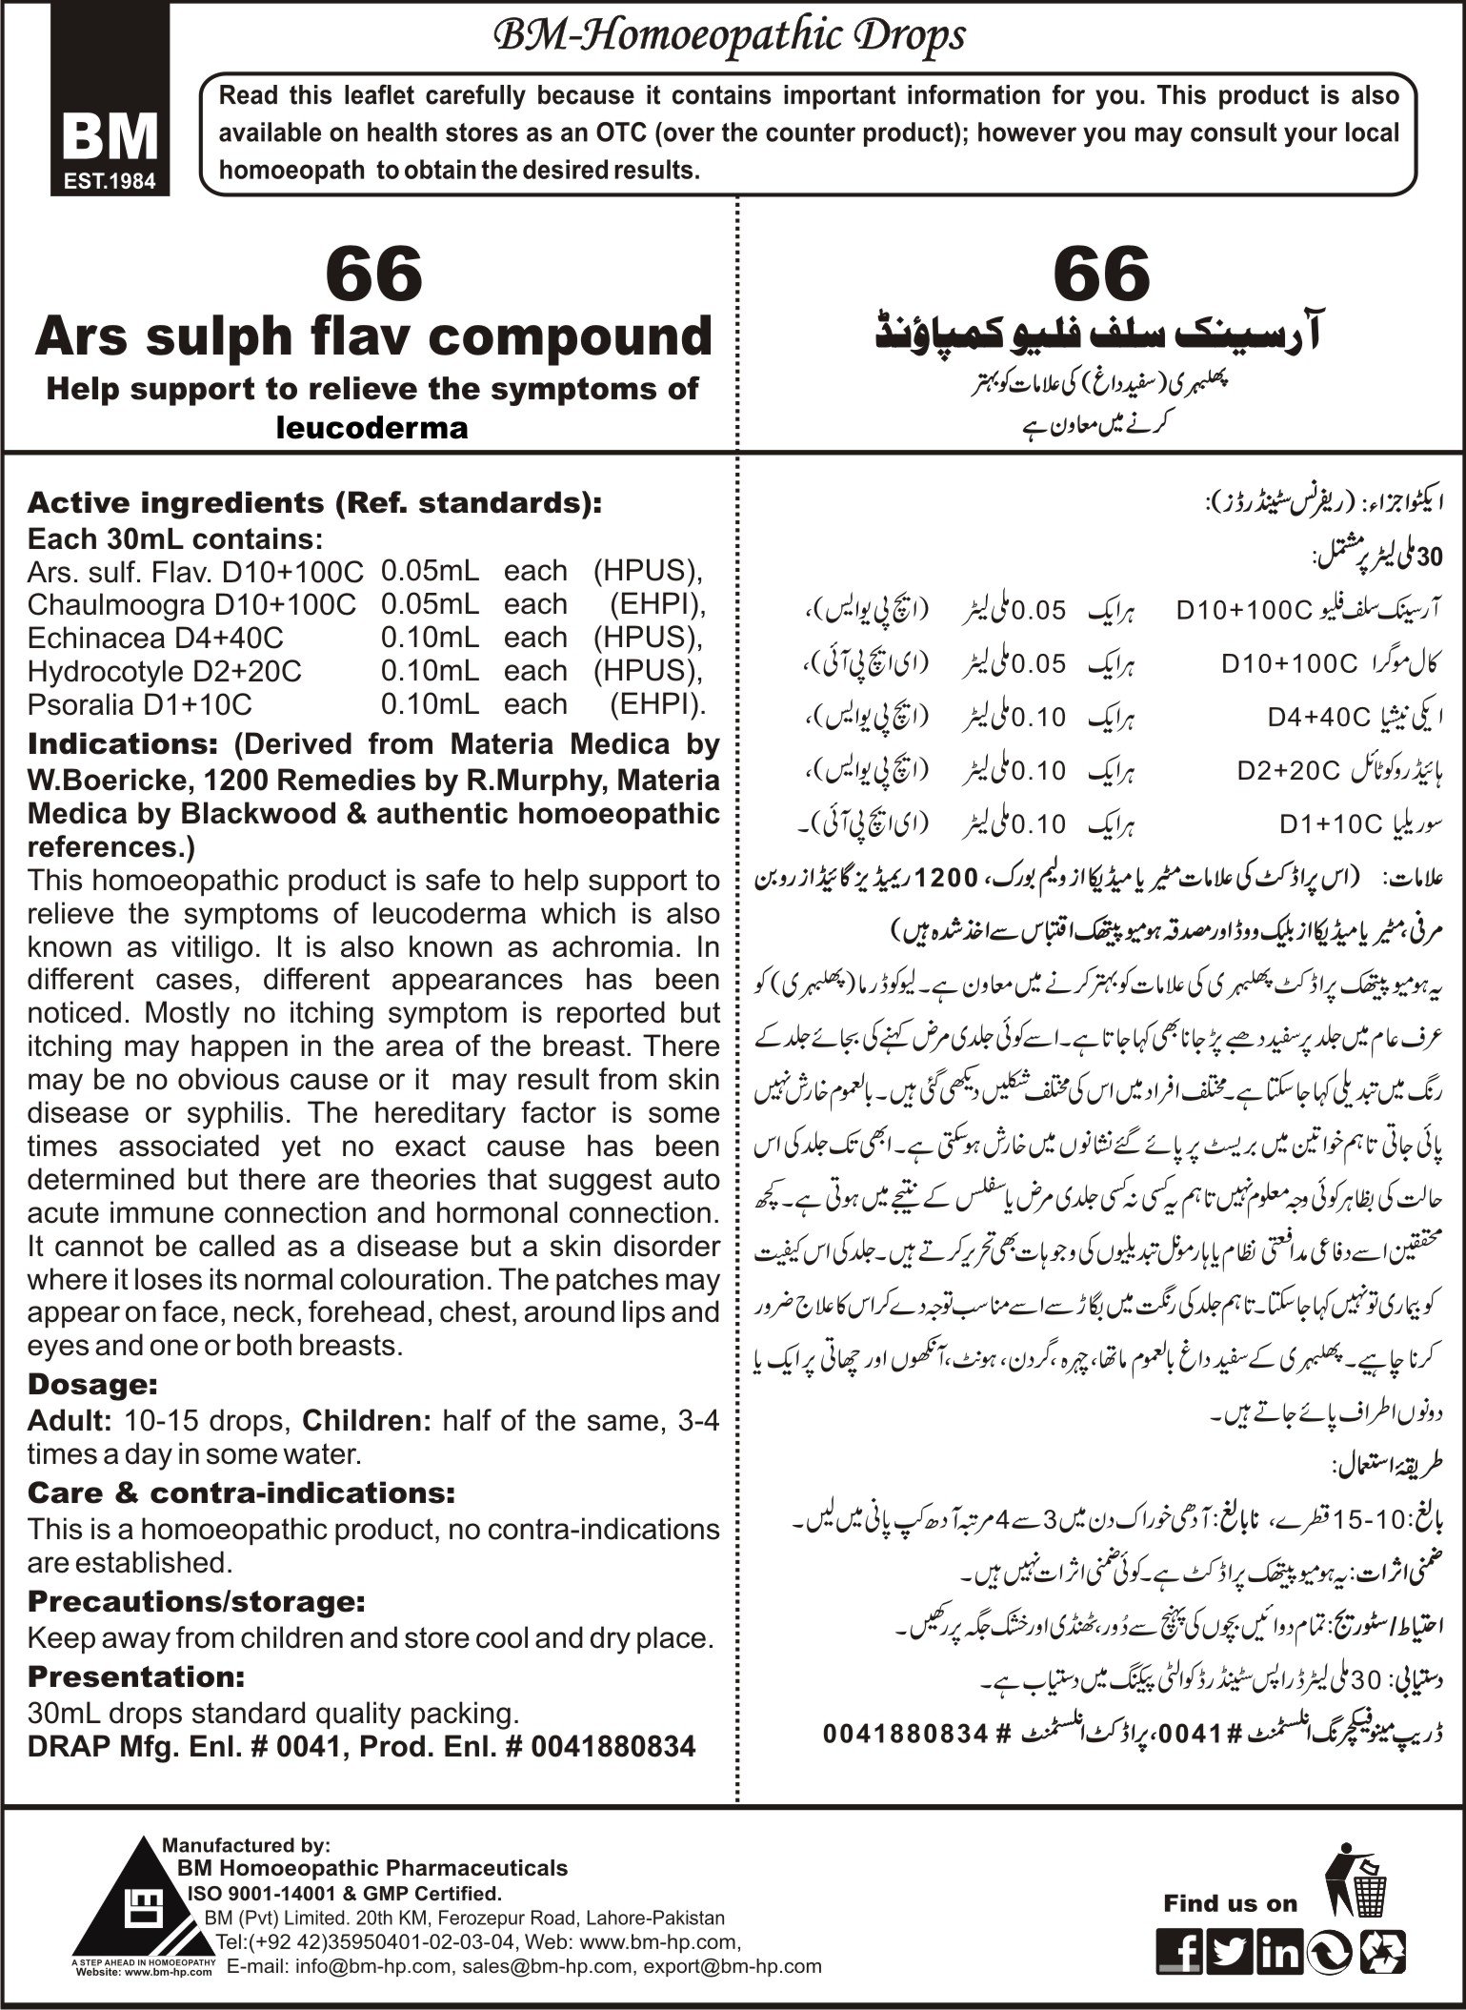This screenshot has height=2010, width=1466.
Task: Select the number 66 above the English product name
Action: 372,274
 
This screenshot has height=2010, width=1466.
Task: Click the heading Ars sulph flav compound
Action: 372,336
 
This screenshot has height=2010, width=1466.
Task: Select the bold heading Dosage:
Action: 92,1383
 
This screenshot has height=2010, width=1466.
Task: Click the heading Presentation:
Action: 136,1676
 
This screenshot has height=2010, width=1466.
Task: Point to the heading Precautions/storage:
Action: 196,1602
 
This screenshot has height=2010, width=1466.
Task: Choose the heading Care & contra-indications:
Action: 241,1492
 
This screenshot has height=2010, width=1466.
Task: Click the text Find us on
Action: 1230,1904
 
